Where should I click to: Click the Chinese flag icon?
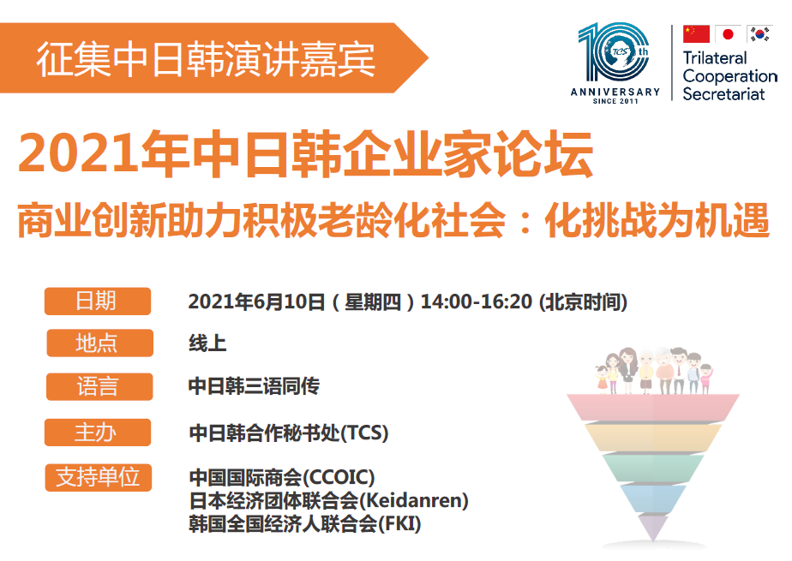(x=696, y=33)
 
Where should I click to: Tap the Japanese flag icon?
(x=728, y=33)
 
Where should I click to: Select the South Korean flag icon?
(x=759, y=33)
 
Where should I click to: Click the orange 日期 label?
(x=98, y=301)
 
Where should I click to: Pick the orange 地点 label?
(x=99, y=343)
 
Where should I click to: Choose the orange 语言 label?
(x=99, y=387)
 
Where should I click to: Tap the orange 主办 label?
(x=98, y=433)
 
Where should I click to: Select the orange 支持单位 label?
(x=98, y=477)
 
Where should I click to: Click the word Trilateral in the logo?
(x=715, y=58)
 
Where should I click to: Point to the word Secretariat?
(x=723, y=94)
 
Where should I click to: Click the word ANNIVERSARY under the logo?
(x=615, y=92)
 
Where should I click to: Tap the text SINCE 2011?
(x=615, y=101)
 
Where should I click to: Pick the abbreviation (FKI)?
(x=399, y=523)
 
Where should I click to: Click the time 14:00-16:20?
(x=477, y=301)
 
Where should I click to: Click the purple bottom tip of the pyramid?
(x=653, y=527)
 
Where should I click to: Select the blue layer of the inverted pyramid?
(x=653, y=498)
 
